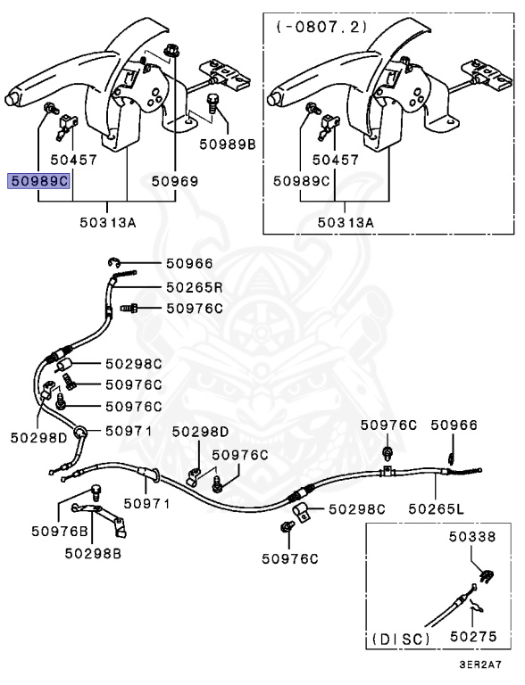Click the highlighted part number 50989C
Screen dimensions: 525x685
(38, 181)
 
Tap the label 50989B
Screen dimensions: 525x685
(228, 144)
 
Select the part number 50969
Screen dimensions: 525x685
(175, 181)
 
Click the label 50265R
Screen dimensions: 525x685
(195, 287)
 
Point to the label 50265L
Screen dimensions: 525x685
(437, 508)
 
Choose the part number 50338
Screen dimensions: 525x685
(472, 536)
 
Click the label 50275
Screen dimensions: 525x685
(473, 637)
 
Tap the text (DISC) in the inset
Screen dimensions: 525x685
(401, 640)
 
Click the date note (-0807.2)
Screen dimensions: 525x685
(321, 27)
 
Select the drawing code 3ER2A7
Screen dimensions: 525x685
(480, 664)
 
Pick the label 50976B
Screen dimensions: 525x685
(60, 532)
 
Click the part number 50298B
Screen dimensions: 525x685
(93, 553)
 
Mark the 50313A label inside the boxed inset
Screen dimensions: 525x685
(346, 222)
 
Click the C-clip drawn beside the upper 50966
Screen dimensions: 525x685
(113, 262)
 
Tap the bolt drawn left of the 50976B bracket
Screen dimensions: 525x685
(96, 492)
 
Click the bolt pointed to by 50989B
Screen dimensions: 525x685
(212, 103)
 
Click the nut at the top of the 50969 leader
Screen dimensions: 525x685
(171, 51)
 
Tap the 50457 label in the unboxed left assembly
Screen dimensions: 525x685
(73, 160)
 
